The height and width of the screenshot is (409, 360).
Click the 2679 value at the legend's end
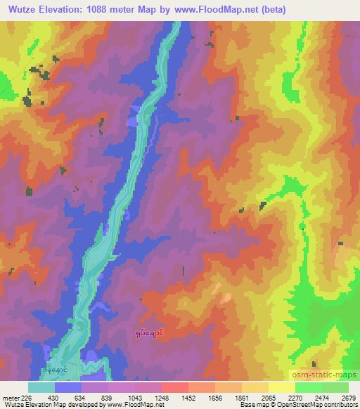coord(349,398)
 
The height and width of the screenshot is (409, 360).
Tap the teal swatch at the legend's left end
coord(41,387)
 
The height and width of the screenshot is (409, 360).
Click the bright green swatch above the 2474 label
coord(308,387)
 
